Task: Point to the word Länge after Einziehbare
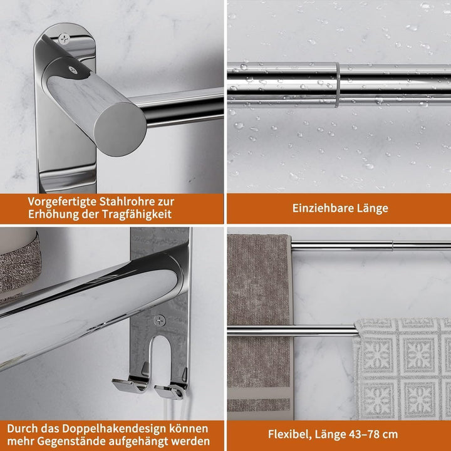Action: [x=373, y=209]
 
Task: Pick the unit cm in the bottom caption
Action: [x=390, y=435]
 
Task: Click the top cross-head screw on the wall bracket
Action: [x=64, y=39]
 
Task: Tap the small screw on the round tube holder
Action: [x=73, y=70]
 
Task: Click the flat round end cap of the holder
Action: [x=120, y=129]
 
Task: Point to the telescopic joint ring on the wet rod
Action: [x=338, y=85]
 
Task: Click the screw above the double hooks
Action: [x=159, y=320]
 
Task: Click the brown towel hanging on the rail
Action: [x=259, y=325]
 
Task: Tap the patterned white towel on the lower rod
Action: [x=402, y=369]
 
